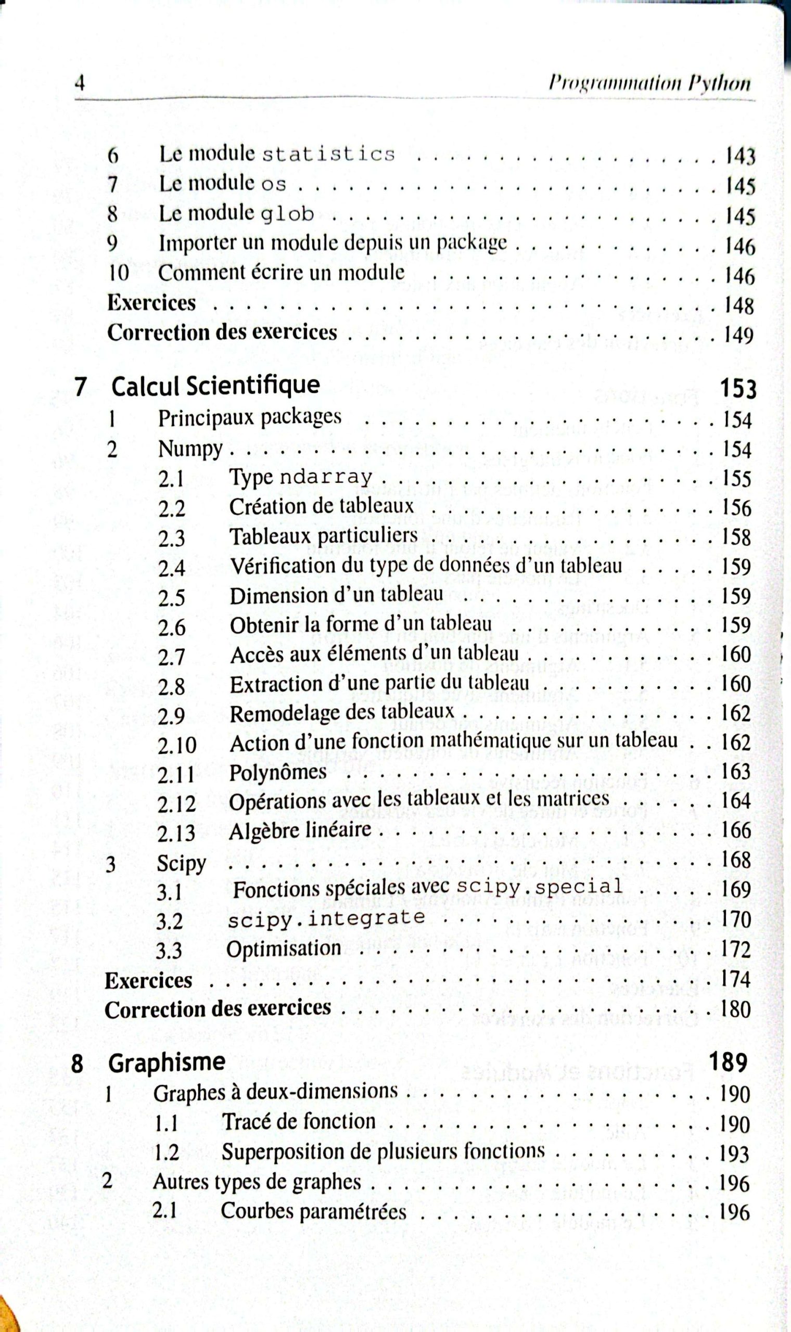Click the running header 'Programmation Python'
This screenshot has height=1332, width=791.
pos(649,84)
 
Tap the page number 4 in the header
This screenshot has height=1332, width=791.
pos(81,83)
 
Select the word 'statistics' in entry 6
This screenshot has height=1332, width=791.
pos(328,154)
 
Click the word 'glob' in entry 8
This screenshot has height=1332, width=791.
pos(287,214)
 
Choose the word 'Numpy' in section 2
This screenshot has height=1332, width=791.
pos(190,449)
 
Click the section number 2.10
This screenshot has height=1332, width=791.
pos(177,745)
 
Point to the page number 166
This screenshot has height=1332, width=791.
pos(736,830)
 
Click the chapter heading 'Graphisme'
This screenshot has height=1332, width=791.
pos(167,1062)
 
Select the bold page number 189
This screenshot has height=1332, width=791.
pos(728,1062)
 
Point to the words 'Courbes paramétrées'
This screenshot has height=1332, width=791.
pos(313,1211)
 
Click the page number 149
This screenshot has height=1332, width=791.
pos(738,335)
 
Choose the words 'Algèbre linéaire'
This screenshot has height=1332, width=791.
pos(300,830)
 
